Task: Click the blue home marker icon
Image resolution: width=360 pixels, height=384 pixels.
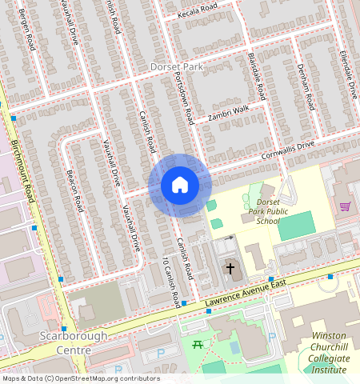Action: click(180, 186)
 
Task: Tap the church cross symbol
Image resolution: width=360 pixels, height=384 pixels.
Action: click(231, 270)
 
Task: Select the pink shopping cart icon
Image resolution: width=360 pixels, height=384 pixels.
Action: click(346, 206)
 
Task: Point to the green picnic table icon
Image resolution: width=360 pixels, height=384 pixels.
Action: click(197, 344)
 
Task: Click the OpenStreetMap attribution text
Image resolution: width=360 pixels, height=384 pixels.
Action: click(80, 378)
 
